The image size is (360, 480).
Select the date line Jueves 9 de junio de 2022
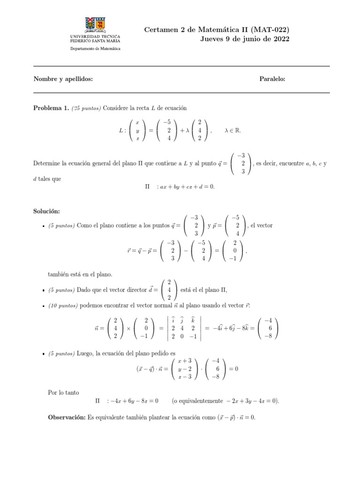click(x=244, y=39)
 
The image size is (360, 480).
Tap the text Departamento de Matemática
click(x=95, y=49)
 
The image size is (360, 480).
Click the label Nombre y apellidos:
click(x=63, y=79)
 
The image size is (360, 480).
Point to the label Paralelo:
click(x=272, y=79)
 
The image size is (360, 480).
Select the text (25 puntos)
click(x=86, y=108)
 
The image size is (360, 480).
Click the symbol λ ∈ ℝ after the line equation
click(x=232, y=131)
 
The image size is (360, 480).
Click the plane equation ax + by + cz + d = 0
click(x=187, y=186)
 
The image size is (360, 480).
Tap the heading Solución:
click(x=46, y=212)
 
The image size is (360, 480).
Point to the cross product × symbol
click(x=128, y=328)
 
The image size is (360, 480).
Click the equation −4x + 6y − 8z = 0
click(x=132, y=401)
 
